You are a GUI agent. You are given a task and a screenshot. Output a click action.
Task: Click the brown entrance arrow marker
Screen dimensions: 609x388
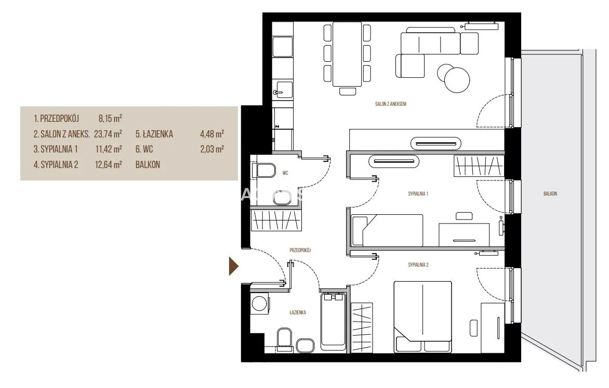(x=233, y=266)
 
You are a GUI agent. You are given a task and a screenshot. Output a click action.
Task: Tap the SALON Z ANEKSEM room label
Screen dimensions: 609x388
(x=390, y=104)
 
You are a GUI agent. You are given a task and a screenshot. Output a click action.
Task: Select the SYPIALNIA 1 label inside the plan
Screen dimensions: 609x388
(x=418, y=193)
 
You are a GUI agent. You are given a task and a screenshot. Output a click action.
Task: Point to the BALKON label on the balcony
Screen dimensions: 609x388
(x=550, y=193)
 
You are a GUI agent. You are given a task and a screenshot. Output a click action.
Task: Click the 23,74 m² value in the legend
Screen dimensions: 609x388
(x=108, y=134)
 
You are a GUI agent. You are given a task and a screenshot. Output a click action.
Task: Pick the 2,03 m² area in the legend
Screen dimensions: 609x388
(x=211, y=149)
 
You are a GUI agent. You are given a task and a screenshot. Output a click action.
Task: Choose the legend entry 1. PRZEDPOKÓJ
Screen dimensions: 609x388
(x=56, y=118)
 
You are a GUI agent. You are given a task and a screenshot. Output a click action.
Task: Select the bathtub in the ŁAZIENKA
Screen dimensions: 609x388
(x=333, y=322)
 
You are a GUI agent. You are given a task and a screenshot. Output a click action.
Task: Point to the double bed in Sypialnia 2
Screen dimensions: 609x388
(x=422, y=317)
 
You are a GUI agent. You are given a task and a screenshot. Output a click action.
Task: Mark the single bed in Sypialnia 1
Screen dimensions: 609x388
(x=387, y=230)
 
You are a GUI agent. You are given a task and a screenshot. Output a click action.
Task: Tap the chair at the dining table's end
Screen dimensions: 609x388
(x=347, y=91)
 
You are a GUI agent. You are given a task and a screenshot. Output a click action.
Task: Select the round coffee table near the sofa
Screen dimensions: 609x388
(x=457, y=80)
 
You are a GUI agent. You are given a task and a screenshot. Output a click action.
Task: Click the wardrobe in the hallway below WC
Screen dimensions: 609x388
(x=275, y=220)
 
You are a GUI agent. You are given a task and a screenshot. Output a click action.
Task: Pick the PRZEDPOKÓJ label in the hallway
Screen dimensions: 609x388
(x=300, y=250)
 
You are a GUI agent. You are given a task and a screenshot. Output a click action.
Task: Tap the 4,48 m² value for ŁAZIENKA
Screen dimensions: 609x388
(x=211, y=134)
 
